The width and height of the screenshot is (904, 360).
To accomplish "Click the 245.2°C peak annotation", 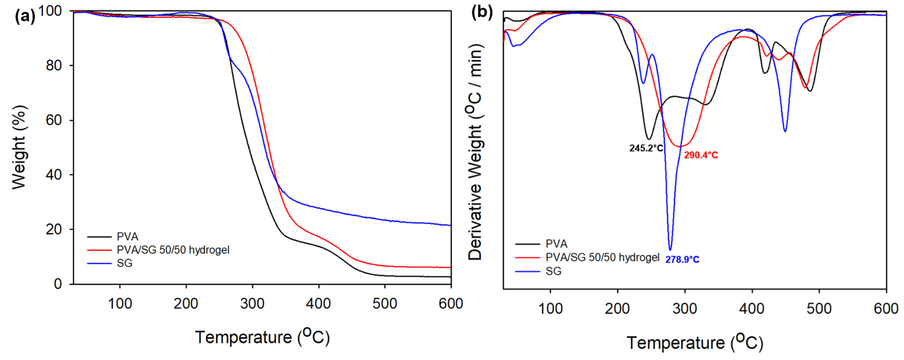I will coord(646,148).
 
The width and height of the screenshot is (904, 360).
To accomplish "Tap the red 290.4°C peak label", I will coord(701,155).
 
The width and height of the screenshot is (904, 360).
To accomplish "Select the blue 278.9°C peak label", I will coord(682,260).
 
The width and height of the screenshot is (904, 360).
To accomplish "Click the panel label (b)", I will coord(482,13).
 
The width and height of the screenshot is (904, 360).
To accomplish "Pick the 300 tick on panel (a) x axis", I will coord(252,304).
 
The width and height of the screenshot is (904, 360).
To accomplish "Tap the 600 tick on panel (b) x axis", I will coord(886,309).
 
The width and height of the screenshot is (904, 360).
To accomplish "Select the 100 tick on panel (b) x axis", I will coord(550,309).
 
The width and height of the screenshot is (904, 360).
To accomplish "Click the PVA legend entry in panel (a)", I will coord(127,237).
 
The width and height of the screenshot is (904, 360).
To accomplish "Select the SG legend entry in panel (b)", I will coord(554,271).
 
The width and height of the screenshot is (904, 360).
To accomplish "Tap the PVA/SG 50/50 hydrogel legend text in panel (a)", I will coord(173,250).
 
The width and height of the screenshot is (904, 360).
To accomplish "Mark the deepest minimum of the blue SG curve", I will coord(670,250).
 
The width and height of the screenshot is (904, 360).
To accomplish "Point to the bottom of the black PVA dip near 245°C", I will coord(649,139).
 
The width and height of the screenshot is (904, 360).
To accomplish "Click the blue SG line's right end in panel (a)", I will coord(450,225).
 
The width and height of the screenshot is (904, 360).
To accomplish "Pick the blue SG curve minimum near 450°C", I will coord(785,131).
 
